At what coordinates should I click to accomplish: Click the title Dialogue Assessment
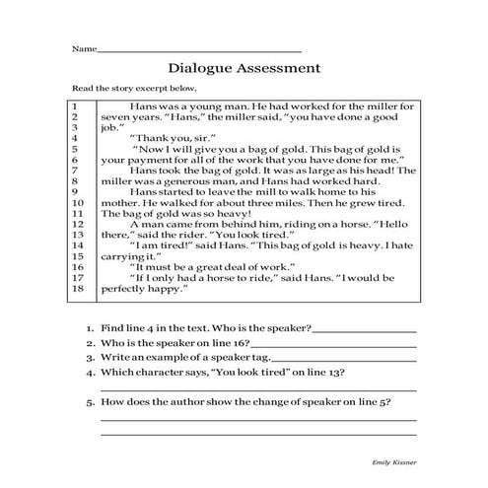(244, 68)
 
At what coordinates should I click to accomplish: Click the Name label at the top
(84, 47)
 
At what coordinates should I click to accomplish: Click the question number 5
(90, 401)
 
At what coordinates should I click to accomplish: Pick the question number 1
(90, 327)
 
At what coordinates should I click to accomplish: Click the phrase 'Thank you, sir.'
(164, 137)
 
